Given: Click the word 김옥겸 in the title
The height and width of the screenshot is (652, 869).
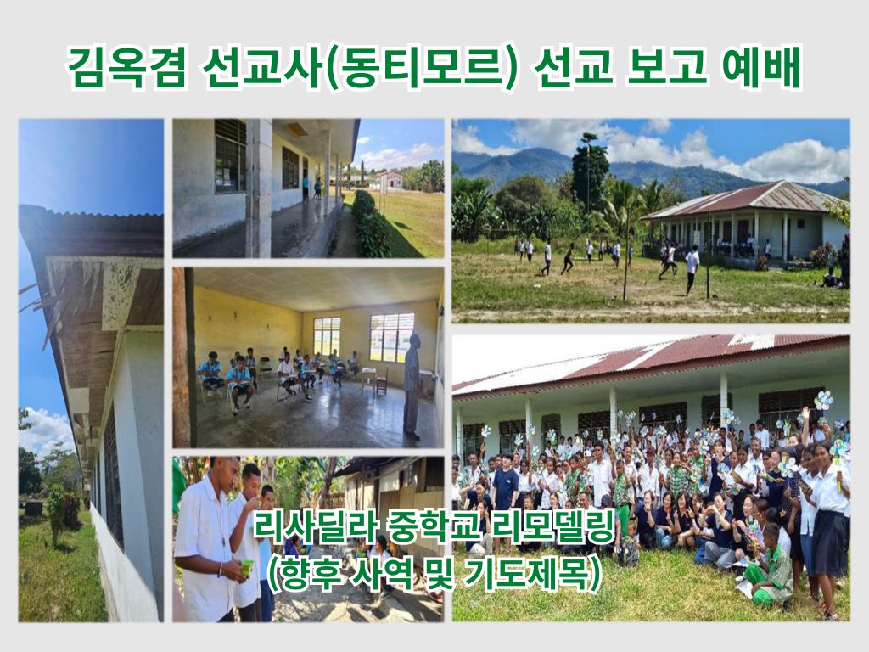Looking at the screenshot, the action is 126,69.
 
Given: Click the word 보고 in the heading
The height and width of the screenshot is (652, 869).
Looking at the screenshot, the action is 666,69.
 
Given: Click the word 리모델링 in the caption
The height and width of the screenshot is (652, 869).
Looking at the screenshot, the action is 555,528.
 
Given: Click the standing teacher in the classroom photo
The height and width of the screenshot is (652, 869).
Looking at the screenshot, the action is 412,386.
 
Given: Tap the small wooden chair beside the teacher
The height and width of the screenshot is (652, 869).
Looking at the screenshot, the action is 382,380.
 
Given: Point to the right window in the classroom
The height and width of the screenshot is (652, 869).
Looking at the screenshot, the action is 392,337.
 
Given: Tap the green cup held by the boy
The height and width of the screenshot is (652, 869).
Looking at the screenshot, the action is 247,566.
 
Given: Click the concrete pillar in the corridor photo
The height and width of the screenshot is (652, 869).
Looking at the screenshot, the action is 258,188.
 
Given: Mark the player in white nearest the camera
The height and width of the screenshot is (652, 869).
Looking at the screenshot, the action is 692,269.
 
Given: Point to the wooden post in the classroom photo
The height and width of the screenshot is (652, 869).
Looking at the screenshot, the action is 181,357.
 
